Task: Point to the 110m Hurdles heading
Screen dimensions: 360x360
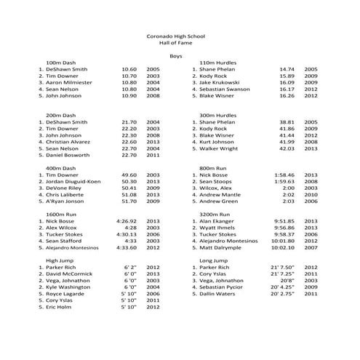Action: point(219,63)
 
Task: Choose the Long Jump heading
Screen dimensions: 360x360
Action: point(215,260)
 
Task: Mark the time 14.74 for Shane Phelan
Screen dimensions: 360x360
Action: point(287,69)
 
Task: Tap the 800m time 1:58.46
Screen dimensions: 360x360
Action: point(284,175)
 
